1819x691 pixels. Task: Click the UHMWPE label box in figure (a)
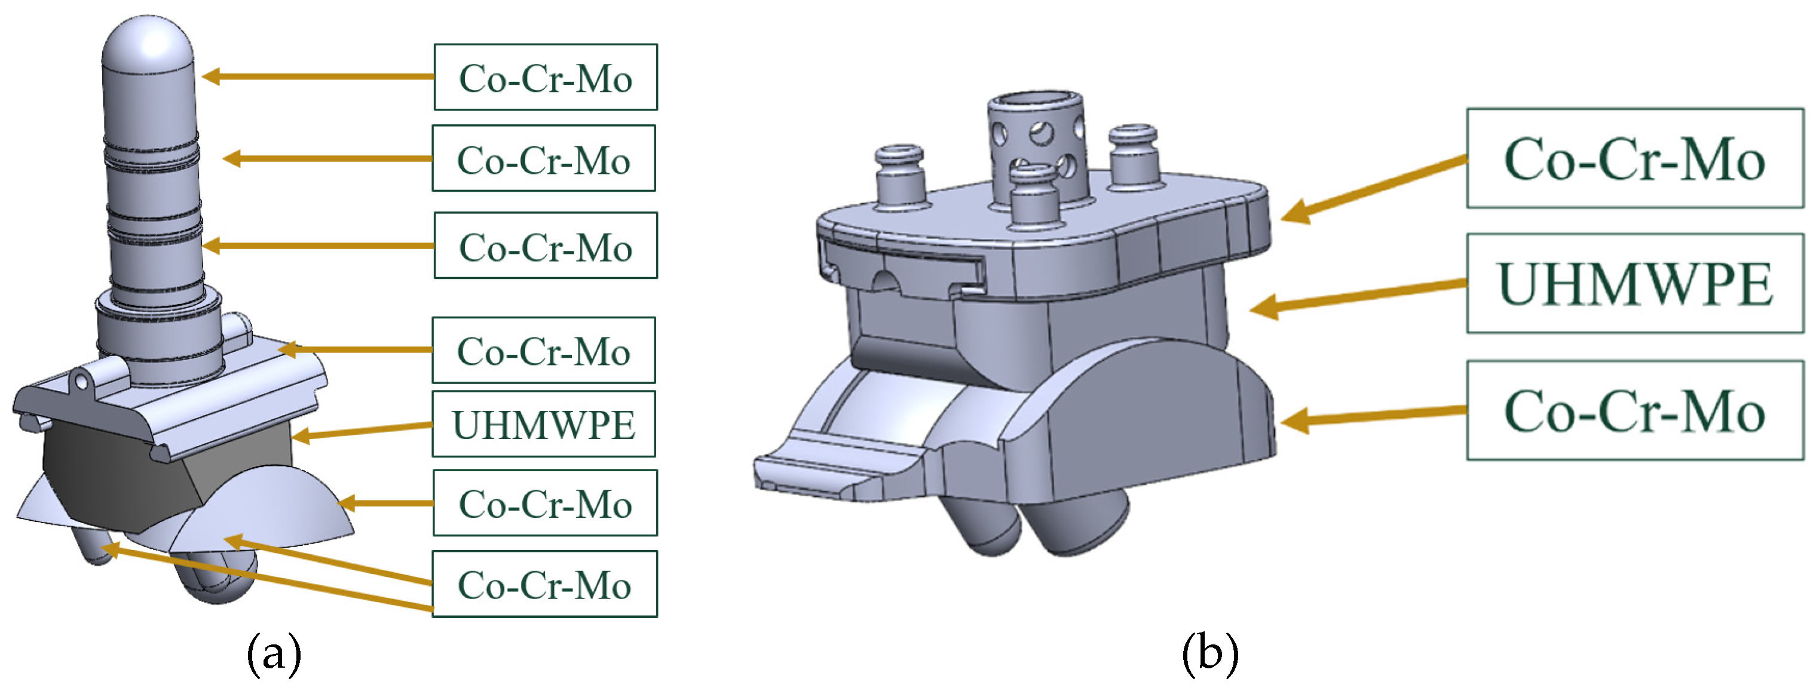point(544,424)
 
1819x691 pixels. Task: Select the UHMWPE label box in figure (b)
point(1635,283)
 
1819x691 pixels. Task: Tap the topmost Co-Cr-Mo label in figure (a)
point(545,77)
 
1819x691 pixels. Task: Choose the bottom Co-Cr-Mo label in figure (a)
point(544,585)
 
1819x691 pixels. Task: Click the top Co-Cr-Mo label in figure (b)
point(1635,158)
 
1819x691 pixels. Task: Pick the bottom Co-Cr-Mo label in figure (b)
point(1635,411)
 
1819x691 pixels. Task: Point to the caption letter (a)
point(273,653)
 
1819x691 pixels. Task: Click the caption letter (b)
point(1209,653)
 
